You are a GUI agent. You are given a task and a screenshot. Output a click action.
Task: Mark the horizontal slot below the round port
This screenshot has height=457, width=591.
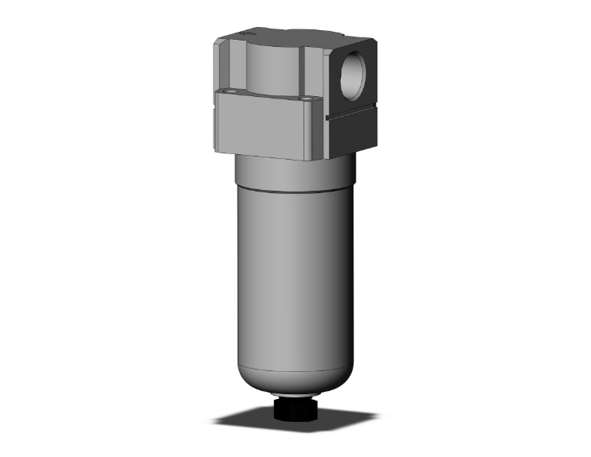[x=353, y=118]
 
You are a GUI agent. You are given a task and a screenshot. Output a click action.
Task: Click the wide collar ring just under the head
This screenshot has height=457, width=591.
[x=294, y=175]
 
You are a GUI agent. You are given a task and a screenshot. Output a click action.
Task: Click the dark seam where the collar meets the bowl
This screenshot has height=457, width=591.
[x=294, y=192]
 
